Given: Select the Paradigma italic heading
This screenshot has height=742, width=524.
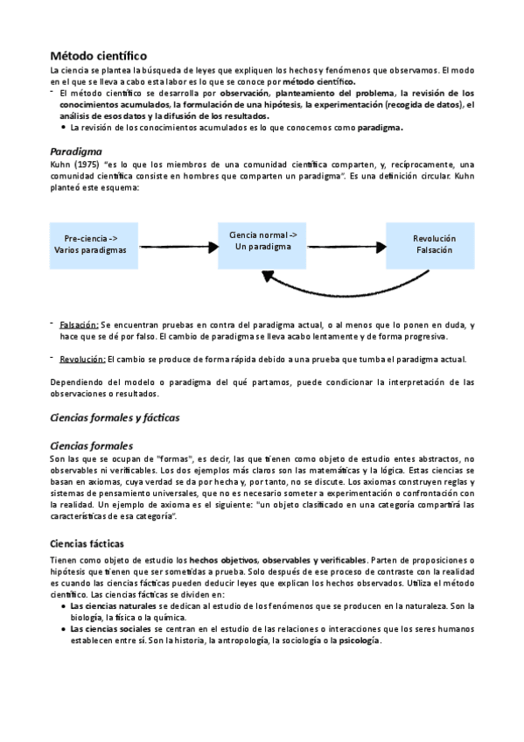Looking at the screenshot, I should coord(76,150).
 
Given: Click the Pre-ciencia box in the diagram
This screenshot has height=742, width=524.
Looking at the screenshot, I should coord(91,244).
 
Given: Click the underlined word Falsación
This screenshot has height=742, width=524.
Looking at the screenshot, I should coord(80,325).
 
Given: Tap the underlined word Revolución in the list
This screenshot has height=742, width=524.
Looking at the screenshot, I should coord(82,359).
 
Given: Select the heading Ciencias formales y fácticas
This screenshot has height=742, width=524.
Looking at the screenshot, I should coord(115,417).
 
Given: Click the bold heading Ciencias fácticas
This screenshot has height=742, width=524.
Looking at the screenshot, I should coord(87,543).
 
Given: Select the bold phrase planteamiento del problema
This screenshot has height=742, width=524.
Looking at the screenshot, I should coord(335,93).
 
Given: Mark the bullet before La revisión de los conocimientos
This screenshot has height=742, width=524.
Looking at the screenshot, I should coord(64,128).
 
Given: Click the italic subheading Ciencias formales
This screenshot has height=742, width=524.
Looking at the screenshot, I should coord(92,445).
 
